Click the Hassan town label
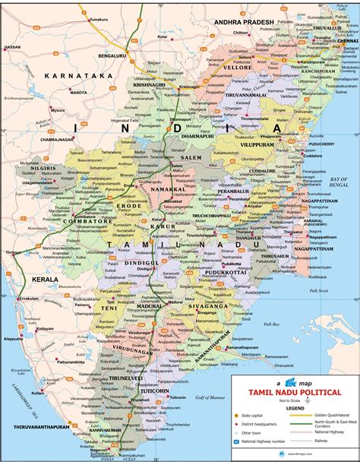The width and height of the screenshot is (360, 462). [12, 47]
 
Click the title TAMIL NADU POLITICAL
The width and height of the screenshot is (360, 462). [301, 391]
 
